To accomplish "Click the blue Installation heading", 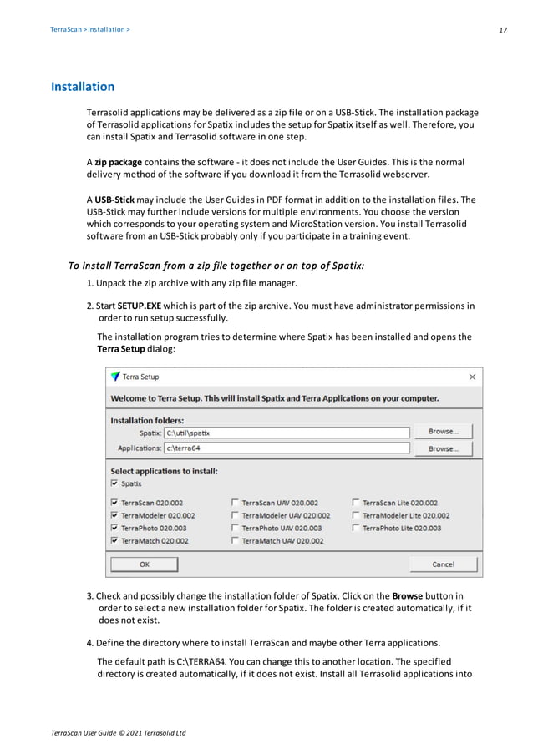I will [x=83, y=87].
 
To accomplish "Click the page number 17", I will [x=503, y=29].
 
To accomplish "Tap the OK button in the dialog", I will [x=144, y=564].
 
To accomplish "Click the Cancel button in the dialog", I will [x=442, y=564].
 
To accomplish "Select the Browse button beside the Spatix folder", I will [x=442, y=432].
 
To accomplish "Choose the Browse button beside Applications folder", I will [x=442, y=448].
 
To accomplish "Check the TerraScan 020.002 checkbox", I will [x=114, y=503].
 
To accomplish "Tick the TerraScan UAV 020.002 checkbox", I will [x=235, y=503].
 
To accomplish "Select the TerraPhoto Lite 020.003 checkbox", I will [x=356, y=528].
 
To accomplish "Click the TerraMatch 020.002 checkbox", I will [x=114, y=540].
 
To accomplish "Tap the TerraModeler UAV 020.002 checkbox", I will [x=235, y=515].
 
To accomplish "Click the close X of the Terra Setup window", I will [x=472, y=377].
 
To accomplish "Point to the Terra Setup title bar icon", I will [x=115, y=377].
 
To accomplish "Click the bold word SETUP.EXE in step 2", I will [x=140, y=306].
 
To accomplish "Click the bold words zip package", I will [x=118, y=161].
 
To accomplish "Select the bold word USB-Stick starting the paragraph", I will [x=114, y=200].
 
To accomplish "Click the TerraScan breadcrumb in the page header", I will [x=63, y=29].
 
